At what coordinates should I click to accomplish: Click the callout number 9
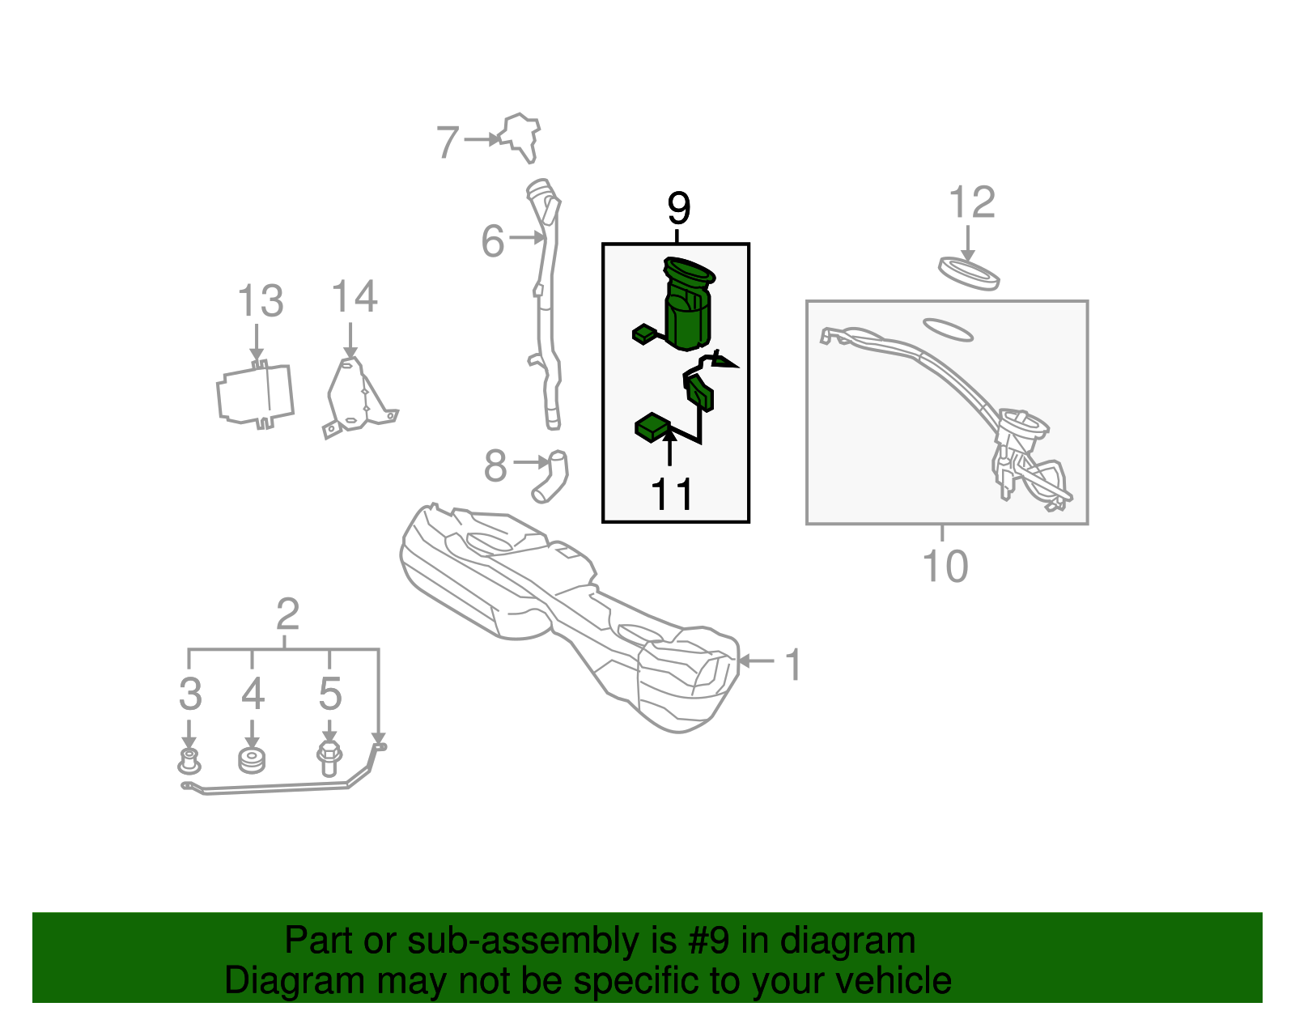point(678,208)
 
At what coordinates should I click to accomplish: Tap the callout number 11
point(672,494)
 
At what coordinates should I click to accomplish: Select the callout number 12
point(971,202)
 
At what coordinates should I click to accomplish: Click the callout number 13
point(261,300)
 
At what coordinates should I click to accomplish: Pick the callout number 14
point(354,296)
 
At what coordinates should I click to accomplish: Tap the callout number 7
point(448,142)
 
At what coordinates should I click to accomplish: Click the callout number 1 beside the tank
point(793,664)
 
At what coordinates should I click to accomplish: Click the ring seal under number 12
point(969,274)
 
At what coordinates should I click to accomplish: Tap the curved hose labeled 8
point(550,477)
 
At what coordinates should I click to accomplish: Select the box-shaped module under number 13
point(255,395)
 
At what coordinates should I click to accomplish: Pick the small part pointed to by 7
point(520,137)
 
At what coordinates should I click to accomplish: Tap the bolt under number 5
point(329,758)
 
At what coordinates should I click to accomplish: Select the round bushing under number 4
point(252,760)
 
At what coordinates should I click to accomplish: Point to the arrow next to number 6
point(528,238)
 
